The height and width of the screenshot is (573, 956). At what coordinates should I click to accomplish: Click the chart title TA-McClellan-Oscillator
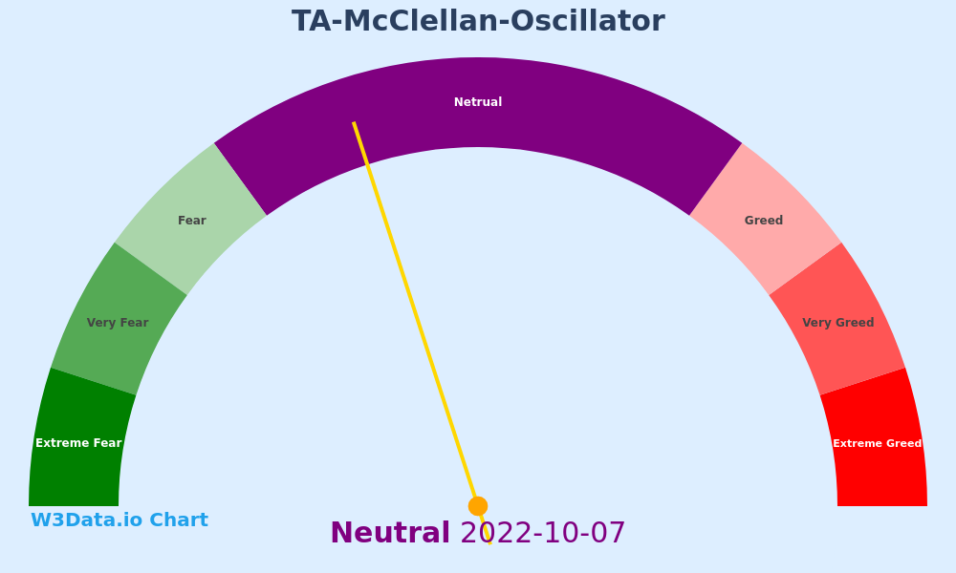478,21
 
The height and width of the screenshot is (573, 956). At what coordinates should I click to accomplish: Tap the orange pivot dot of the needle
478,506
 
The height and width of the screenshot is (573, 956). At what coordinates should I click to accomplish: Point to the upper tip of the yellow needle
354,122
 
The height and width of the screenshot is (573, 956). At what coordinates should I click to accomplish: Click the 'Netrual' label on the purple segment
478,102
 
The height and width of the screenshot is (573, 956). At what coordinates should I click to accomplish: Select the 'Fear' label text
192,221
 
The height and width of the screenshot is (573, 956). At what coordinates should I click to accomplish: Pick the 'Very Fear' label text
118,323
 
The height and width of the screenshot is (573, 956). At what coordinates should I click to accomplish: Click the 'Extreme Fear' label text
78,443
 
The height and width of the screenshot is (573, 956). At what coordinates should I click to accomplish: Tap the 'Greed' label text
764,221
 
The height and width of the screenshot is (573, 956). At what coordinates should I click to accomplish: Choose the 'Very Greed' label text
838,323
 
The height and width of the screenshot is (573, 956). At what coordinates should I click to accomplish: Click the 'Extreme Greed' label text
878,443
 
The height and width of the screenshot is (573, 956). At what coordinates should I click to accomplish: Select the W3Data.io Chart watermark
119,520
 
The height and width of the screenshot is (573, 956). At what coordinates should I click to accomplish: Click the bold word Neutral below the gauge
390,533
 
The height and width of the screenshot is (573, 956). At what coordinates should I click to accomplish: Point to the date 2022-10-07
543,533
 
